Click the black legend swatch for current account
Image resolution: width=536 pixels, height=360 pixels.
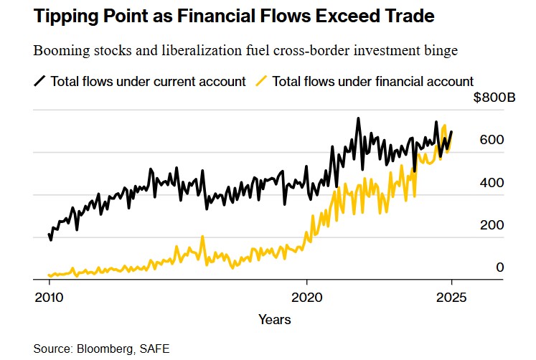(x=40, y=81)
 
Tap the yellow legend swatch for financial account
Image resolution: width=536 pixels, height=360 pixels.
(x=262, y=81)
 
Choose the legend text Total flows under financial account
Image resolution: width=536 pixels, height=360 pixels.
(x=373, y=81)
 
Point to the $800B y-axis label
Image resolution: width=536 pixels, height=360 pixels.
(x=494, y=98)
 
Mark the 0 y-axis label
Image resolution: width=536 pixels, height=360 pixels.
(x=500, y=267)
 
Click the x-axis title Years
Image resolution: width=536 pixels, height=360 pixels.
(x=275, y=319)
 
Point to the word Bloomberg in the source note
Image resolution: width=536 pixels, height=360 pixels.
(x=102, y=349)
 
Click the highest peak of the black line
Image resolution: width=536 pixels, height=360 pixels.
(x=358, y=118)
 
